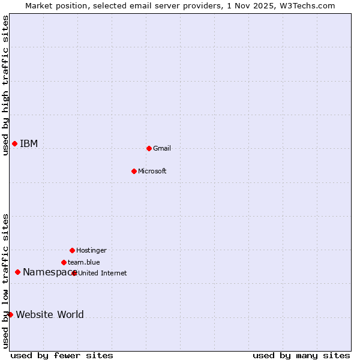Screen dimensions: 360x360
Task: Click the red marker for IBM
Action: (x=14, y=143)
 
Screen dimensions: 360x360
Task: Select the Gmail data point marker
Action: (x=149, y=148)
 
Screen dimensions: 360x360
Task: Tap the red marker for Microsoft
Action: (x=134, y=171)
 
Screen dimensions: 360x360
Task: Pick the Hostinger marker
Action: (x=72, y=250)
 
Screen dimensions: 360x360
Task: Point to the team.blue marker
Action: (x=64, y=262)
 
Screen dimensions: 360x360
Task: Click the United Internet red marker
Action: (x=74, y=273)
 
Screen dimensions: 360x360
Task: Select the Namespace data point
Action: (x=17, y=272)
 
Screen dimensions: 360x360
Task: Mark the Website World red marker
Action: (x=10, y=314)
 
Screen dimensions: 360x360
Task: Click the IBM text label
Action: (x=29, y=144)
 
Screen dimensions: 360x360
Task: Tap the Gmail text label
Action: (x=162, y=149)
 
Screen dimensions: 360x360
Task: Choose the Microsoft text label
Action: (x=152, y=172)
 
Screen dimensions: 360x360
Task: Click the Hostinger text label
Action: (x=91, y=251)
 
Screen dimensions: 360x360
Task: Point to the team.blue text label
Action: (x=84, y=263)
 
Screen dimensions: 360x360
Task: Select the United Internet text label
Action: (x=103, y=274)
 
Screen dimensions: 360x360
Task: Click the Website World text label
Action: (x=50, y=315)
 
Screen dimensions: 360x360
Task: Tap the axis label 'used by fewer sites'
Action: (x=62, y=355)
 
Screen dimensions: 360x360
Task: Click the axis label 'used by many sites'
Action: (x=301, y=355)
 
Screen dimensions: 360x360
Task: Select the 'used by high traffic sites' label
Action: (x=5, y=85)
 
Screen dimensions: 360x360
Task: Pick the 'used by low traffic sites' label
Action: (x=5, y=281)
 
